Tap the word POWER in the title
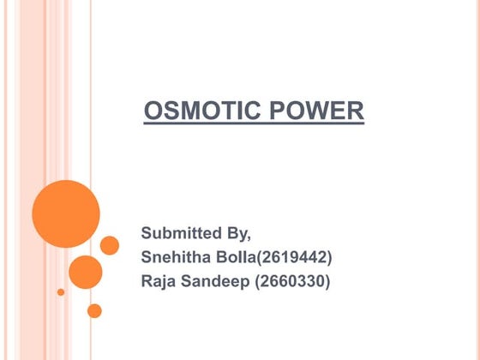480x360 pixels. pyautogui.click(x=321, y=111)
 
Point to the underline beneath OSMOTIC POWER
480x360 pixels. pyautogui.click(x=254, y=124)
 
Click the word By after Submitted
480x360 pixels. pyautogui.click(x=242, y=233)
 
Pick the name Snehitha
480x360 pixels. pyautogui.click(x=177, y=256)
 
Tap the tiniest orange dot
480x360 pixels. pyautogui.click(x=61, y=291)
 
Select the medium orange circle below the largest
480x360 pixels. pyautogui.click(x=86, y=272)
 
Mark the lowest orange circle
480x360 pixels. pyautogui.click(x=94, y=310)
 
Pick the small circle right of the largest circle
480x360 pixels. pyautogui.click(x=110, y=245)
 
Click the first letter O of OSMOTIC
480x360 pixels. pyautogui.click(x=153, y=111)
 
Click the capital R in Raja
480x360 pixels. pyautogui.click(x=147, y=280)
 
